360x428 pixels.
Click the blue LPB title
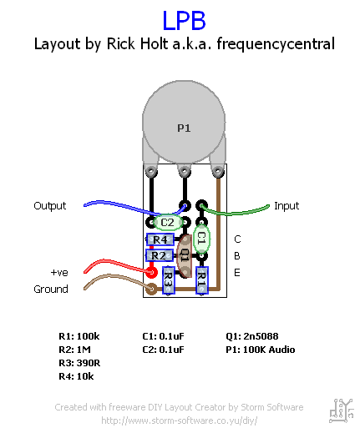184,21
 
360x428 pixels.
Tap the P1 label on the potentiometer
184,128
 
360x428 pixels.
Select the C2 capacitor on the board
168,223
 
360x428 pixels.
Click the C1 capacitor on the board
201,239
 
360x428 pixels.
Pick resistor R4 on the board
160,239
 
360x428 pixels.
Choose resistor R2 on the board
160,255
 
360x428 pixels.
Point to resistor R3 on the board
169,280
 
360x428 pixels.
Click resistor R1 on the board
202,280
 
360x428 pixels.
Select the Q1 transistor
185,255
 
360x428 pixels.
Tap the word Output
50,206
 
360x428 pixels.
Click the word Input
286,206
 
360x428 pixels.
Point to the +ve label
59,273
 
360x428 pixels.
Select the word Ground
51,290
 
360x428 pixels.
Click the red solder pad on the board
151,272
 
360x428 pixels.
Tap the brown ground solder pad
151,289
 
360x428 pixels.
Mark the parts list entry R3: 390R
79,363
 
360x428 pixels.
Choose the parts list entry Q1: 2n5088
252,336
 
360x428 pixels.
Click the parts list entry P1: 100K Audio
261,350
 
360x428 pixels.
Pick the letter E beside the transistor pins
237,273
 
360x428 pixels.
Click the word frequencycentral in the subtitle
276,44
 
